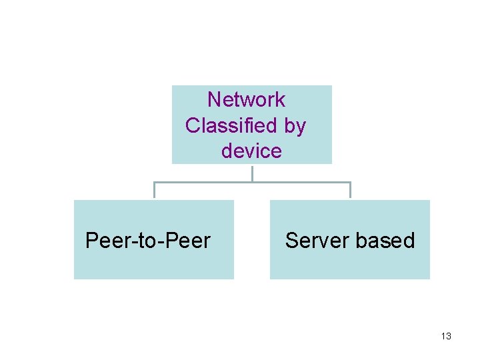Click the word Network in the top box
click(x=246, y=100)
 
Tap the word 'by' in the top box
click(x=295, y=125)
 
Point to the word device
click(x=251, y=151)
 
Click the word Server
click(x=315, y=241)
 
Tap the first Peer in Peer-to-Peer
click(x=105, y=241)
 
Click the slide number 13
click(x=446, y=336)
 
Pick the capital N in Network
click(x=215, y=100)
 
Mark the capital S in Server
click(x=291, y=241)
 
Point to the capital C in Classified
click(x=193, y=125)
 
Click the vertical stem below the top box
click(x=252, y=173)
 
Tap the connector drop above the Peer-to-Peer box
click(x=154, y=191)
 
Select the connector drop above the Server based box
click(x=350, y=191)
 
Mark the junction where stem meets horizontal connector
click(x=252, y=182)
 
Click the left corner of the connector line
click(x=154, y=182)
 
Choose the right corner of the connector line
click(x=350, y=182)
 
